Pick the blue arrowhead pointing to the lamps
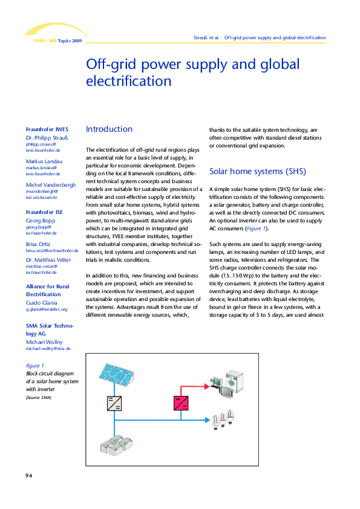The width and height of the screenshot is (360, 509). click(x=214, y=418)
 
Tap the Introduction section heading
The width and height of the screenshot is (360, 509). click(x=109, y=129)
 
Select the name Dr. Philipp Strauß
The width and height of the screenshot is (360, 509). click(x=47, y=138)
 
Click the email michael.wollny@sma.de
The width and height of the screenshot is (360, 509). click(x=48, y=349)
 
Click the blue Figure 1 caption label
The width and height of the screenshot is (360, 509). click(x=34, y=366)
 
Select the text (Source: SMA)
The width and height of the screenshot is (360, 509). click(x=38, y=398)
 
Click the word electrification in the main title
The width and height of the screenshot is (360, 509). click(x=129, y=81)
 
